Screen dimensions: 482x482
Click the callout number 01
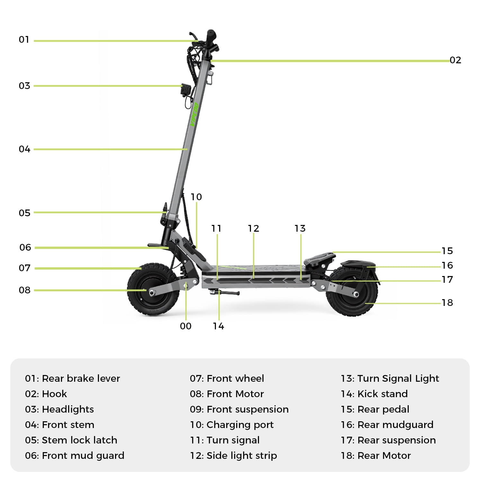point(24,40)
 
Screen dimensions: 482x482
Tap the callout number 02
point(455,60)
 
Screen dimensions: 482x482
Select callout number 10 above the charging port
point(196,197)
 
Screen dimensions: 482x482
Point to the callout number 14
point(218,326)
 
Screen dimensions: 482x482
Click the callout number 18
point(447,303)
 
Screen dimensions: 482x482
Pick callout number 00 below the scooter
point(185,326)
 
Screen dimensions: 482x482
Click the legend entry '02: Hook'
point(46,394)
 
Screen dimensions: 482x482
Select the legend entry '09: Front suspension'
point(239,409)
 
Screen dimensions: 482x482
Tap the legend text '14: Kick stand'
point(374,394)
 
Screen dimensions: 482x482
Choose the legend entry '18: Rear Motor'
point(376,455)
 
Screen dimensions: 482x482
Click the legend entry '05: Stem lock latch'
point(71,440)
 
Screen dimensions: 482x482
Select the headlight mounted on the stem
point(185,89)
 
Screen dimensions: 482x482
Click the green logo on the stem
point(194,114)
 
